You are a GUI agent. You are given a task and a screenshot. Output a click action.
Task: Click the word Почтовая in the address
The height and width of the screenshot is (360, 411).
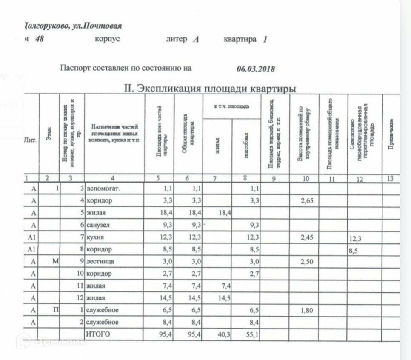coord(103,26)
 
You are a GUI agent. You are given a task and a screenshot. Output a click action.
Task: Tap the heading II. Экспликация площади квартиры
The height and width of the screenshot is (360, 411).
coord(210,89)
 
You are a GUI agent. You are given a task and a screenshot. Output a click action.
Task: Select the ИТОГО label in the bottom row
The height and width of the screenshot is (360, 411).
coord(98,334)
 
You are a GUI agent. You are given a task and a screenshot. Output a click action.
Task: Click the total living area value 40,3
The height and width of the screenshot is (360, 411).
coord(224,335)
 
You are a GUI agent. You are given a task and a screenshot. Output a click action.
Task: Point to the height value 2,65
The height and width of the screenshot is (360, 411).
coord(307,200)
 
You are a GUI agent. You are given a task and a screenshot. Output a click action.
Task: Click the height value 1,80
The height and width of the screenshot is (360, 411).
coord(307,310)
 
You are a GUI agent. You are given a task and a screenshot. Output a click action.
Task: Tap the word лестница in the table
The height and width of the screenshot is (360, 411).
coord(100,261)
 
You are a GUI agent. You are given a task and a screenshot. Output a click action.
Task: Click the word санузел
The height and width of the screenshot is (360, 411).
coord(98,225)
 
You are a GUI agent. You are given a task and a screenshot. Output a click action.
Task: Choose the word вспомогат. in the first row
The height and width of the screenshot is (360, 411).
coord(103,188)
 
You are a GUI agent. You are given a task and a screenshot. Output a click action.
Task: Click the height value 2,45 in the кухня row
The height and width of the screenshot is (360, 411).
coord(307,237)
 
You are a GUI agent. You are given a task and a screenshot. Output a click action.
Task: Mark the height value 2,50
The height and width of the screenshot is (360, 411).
coord(307,261)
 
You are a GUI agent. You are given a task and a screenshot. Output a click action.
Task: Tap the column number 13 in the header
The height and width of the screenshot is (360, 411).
coord(390,179)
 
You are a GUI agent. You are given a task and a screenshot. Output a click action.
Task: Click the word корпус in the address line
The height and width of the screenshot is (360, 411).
coord(108,39)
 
